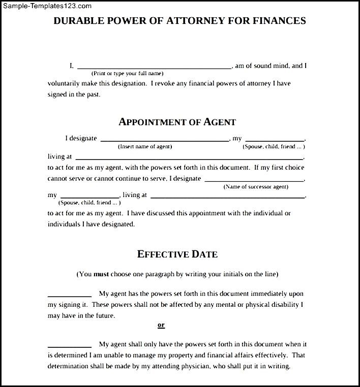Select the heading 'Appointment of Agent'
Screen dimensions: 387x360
coord(177,122)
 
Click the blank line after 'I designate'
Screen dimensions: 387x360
coord(165,140)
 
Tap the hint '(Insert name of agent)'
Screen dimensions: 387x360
coord(145,147)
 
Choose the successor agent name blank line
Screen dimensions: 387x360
coord(254,180)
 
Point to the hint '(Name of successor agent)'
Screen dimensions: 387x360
coord(256,187)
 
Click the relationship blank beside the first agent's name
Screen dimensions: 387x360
coord(275,140)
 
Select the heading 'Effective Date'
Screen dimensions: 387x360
coord(177,254)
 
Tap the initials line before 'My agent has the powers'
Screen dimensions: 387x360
coord(69,296)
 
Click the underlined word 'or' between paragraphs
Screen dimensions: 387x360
coord(161,325)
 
